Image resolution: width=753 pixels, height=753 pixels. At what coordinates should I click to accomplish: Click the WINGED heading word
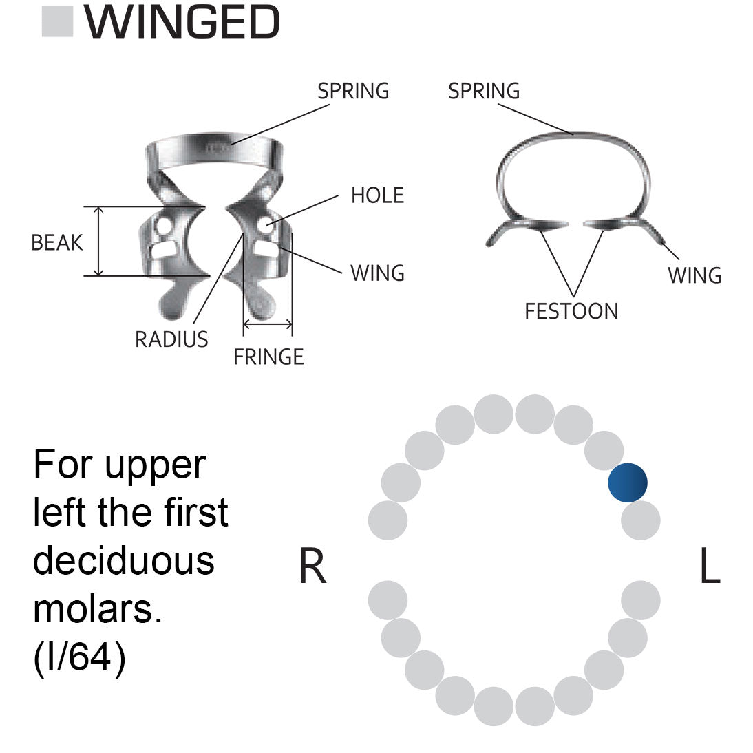tap(182, 22)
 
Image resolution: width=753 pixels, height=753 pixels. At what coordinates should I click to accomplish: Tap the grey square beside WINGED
tap(58, 22)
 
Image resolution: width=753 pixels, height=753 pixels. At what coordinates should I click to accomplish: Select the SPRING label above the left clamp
tap(353, 91)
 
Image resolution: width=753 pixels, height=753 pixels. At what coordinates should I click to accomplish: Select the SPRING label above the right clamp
tap(484, 91)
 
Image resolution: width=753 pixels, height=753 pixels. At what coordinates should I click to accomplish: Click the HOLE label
tap(377, 195)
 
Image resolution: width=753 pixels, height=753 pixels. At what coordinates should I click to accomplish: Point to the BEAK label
tap(57, 242)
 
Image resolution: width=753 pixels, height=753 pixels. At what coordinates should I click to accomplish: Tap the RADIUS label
tap(171, 339)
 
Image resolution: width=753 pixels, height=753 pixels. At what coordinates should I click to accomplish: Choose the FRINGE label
tap(268, 357)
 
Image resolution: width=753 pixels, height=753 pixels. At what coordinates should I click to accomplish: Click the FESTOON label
tap(571, 311)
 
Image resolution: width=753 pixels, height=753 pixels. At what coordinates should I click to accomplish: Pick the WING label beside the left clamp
tap(377, 273)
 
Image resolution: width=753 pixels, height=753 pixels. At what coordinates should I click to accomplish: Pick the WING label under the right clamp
tap(694, 275)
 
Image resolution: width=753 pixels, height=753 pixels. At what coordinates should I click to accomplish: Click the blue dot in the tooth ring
tap(628, 482)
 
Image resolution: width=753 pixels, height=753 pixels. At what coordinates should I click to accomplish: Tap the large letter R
tap(312, 568)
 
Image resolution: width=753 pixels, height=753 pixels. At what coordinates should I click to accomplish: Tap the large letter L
tap(709, 568)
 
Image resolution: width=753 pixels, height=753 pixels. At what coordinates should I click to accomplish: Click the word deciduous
tap(124, 560)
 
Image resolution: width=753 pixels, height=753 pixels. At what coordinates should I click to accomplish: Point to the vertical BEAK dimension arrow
tap(99, 241)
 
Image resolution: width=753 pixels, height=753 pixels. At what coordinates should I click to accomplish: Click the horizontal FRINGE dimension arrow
tap(268, 324)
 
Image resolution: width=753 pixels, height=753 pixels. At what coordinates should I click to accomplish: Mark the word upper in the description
tap(155, 467)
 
